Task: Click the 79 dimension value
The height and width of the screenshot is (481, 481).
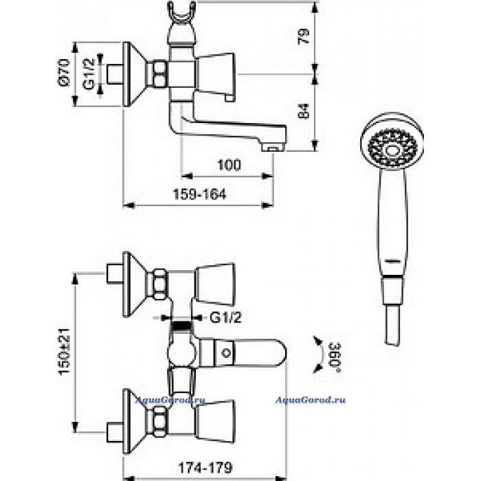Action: click(x=304, y=36)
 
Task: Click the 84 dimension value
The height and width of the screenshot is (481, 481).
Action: click(x=304, y=111)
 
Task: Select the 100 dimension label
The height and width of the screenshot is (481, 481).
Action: click(x=229, y=165)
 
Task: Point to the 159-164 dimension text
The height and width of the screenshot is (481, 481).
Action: click(x=199, y=194)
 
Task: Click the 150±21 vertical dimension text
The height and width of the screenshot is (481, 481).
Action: click(x=65, y=352)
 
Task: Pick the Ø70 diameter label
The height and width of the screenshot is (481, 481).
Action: click(x=65, y=73)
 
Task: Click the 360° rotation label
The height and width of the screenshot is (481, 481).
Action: click(x=335, y=357)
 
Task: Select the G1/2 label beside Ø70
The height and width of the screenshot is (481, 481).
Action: click(x=89, y=74)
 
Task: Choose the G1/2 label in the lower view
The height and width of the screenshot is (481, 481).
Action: click(x=226, y=317)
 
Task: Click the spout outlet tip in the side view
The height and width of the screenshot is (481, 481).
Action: click(x=273, y=149)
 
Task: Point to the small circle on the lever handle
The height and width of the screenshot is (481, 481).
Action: click(x=226, y=353)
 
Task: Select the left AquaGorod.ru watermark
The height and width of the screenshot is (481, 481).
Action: click(x=170, y=400)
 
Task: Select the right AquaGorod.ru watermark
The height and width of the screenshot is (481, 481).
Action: click(x=310, y=400)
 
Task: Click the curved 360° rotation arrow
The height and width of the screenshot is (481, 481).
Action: click(x=320, y=355)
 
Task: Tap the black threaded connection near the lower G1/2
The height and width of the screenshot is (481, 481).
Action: click(x=181, y=326)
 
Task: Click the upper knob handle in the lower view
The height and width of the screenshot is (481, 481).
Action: click(x=214, y=284)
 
